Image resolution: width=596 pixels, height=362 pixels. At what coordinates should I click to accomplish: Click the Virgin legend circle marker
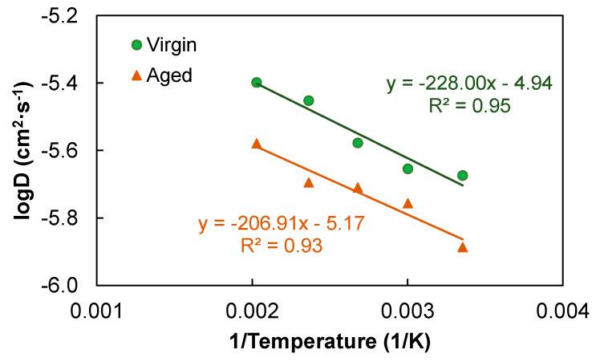point(136,45)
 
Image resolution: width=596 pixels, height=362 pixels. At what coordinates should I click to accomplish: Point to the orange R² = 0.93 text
point(282,246)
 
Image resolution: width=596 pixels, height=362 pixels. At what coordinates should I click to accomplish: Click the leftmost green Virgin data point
point(257,83)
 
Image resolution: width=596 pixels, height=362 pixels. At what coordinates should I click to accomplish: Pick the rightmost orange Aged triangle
point(462,246)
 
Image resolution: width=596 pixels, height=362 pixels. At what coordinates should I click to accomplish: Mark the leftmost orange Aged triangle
point(257,143)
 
